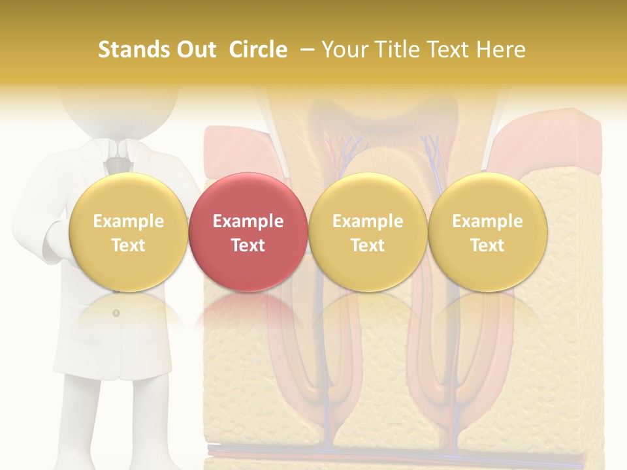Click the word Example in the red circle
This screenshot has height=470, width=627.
[248, 221]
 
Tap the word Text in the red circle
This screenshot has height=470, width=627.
[248, 245]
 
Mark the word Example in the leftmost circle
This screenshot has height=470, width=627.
[128, 221]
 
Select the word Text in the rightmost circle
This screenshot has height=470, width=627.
[487, 245]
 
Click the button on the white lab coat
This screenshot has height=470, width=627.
[116, 313]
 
